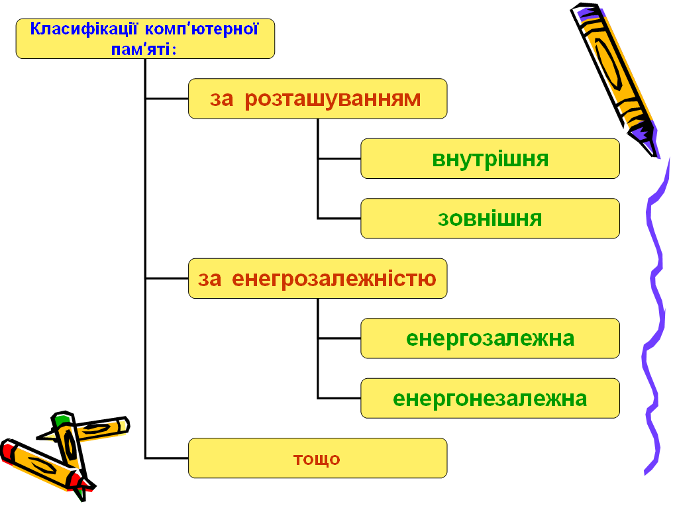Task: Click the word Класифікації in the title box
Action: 83,29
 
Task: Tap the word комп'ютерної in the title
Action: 201,29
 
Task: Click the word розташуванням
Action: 333,99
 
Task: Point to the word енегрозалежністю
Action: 334,279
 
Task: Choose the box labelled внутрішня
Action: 490,158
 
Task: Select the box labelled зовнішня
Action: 490,219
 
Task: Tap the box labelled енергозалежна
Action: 490,338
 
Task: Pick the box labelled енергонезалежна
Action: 490,398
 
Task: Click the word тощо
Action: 317,459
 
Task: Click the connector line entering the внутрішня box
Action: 339,158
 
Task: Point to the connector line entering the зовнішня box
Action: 339,219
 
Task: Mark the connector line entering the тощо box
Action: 167,458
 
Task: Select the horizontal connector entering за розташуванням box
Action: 167,99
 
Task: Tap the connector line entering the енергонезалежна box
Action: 339,398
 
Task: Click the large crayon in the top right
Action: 614,79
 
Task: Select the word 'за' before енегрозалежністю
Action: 209,279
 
